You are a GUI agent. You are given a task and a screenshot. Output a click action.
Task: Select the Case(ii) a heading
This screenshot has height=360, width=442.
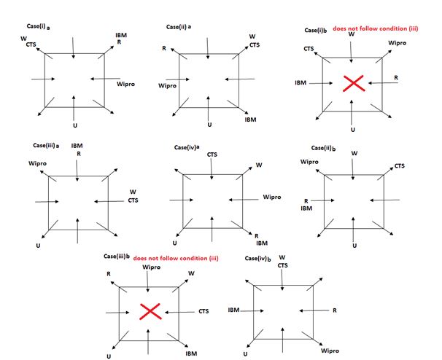tap(179, 27)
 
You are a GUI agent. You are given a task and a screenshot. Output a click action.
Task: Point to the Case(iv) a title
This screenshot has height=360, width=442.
tap(188, 149)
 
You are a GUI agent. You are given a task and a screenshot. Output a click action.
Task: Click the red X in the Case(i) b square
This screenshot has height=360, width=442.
tap(354, 83)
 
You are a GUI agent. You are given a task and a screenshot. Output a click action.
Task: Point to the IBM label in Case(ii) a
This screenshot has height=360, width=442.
tap(251, 119)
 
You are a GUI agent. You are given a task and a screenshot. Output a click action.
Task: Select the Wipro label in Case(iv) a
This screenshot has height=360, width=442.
tap(271, 197)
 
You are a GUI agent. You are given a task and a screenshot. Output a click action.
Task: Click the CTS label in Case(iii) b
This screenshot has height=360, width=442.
tap(204, 311)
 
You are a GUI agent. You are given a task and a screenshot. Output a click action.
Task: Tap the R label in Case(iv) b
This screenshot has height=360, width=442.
tap(334, 310)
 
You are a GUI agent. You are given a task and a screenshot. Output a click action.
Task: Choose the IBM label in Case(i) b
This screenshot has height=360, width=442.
tap(301, 83)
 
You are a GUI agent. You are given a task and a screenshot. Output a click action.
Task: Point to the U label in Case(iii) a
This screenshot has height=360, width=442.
tap(38, 246)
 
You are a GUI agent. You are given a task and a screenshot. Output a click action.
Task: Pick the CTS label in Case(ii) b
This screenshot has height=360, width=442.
tap(400, 167)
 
